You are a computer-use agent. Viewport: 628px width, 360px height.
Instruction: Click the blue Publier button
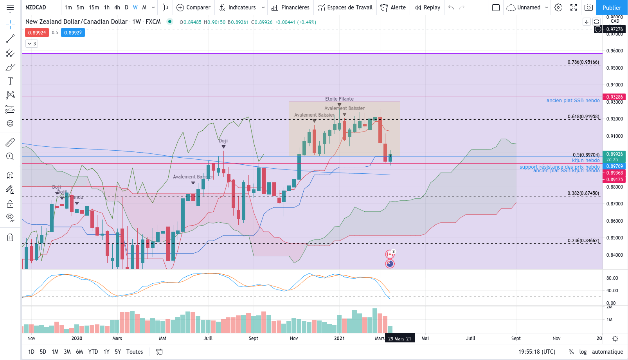click(x=612, y=7)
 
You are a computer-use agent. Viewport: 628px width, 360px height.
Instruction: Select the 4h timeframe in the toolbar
click(x=117, y=7)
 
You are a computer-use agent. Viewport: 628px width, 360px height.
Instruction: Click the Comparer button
click(x=194, y=7)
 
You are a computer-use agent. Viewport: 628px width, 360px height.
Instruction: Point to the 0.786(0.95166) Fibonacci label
click(x=583, y=62)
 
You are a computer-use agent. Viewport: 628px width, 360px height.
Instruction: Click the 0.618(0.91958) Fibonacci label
click(x=583, y=117)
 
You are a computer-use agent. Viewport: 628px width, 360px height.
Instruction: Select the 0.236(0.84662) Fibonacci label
click(x=583, y=241)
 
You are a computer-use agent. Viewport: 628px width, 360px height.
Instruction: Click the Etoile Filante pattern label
click(x=339, y=99)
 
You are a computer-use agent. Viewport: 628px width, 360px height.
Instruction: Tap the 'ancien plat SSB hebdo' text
click(x=573, y=101)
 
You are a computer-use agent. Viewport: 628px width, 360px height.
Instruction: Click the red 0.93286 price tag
click(x=614, y=97)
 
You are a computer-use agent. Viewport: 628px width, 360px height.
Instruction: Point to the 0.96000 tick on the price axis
click(x=614, y=51)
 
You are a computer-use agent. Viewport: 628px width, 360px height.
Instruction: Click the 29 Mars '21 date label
click(x=399, y=338)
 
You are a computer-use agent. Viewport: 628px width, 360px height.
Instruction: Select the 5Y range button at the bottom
click(x=118, y=352)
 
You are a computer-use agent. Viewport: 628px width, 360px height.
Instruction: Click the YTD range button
click(x=93, y=352)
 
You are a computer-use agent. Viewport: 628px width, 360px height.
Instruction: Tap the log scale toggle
click(x=583, y=352)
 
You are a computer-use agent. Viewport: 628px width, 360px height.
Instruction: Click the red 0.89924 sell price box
click(x=37, y=32)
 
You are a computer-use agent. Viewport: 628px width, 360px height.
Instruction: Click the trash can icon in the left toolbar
click(x=10, y=237)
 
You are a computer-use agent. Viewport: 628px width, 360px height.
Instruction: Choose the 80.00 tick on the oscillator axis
click(x=612, y=278)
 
